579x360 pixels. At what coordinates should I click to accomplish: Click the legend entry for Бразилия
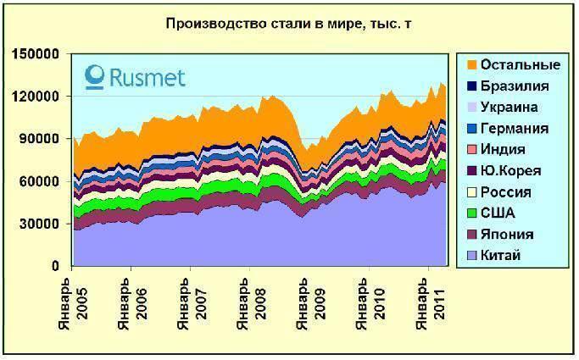(514, 86)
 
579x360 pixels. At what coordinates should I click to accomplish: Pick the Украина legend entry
(509, 107)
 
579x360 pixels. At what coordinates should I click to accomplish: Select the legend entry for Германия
(514, 128)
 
